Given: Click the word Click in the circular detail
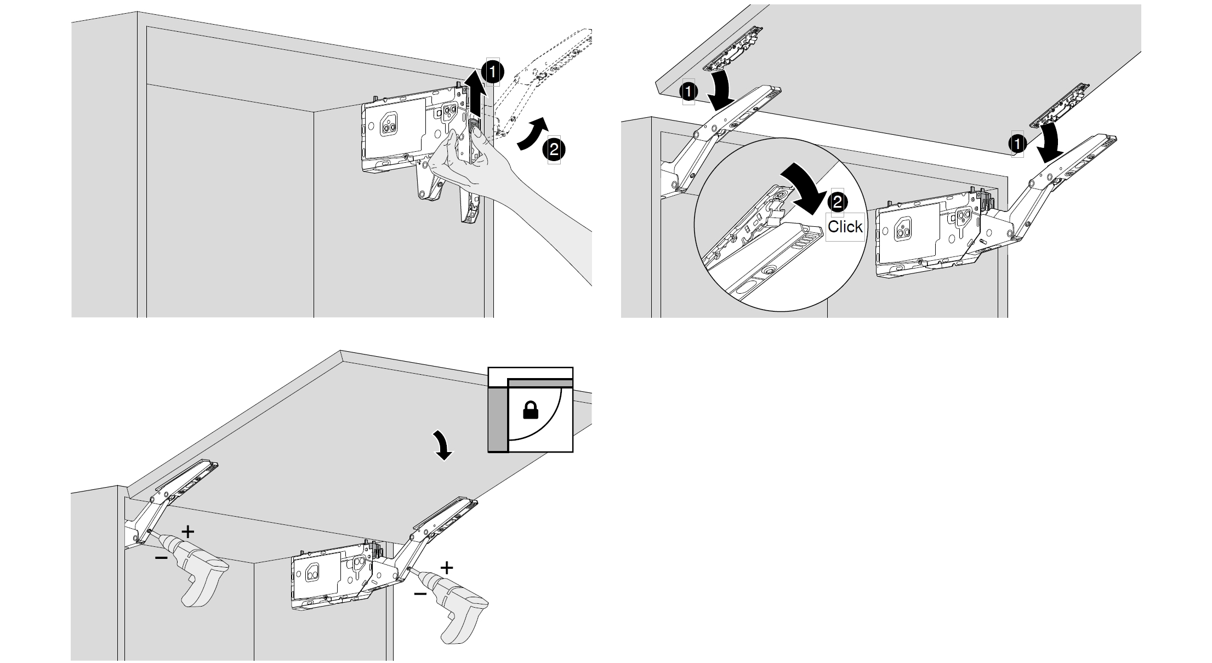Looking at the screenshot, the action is point(845,226).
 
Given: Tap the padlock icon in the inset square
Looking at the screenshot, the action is point(530,410).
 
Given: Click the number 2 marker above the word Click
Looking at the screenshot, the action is point(837,202).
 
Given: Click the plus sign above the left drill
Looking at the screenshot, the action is point(187,531).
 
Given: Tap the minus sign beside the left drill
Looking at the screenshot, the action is point(161,558).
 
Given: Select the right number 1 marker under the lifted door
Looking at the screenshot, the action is point(1017,144).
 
